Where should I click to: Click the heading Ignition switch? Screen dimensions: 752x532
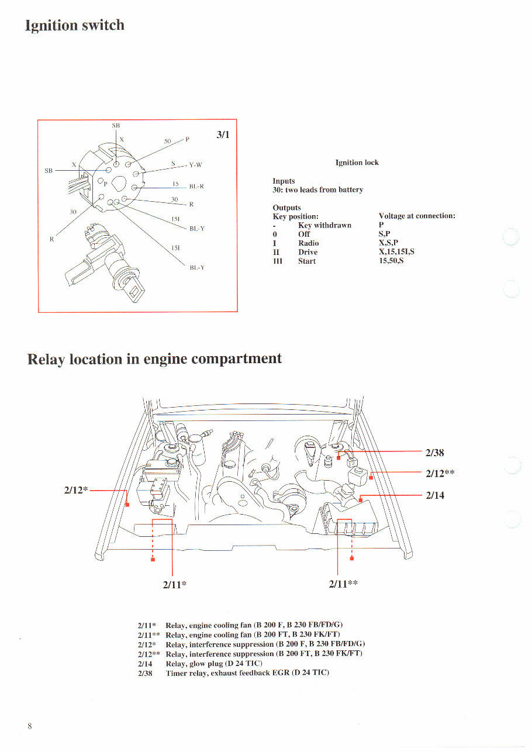click(75, 26)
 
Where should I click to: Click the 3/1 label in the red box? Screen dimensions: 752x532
click(223, 134)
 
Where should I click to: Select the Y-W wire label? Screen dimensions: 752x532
click(195, 165)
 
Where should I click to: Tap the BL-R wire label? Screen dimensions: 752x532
click(196, 187)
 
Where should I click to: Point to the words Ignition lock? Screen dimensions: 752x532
click(357, 163)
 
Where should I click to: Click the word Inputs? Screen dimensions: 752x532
click(284, 181)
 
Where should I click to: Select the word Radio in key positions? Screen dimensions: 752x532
click(308, 243)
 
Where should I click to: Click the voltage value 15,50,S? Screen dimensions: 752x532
click(391, 261)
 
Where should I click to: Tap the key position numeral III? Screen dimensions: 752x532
click(278, 261)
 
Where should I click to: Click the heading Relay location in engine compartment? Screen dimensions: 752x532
click(154, 359)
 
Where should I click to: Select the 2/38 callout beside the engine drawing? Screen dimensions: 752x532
click(436, 452)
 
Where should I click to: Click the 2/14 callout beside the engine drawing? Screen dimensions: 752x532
click(435, 495)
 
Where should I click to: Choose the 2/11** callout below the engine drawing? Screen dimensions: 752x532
click(343, 584)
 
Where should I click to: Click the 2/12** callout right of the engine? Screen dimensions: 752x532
click(440, 473)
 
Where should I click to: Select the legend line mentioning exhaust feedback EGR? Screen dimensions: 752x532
click(233, 673)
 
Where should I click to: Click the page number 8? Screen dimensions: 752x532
click(29, 726)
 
